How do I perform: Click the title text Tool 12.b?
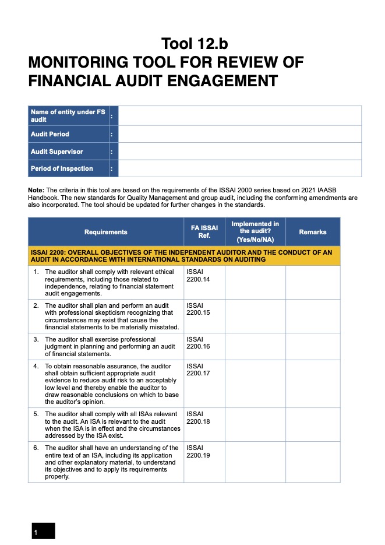tap(199, 44)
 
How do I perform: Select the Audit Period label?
tap(50, 134)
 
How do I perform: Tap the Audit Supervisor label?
tap(57, 152)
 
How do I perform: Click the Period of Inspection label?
tap(62, 168)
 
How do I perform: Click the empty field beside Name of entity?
tap(239, 115)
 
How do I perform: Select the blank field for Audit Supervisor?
tap(239, 152)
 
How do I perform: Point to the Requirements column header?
tap(105, 232)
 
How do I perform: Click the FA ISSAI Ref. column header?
tap(204, 232)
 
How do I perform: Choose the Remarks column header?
tap(312, 232)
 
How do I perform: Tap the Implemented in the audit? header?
tap(255, 232)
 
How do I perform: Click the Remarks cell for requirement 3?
tap(312, 346)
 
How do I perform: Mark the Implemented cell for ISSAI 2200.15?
tap(255, 316)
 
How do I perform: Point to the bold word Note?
tap(36, 190)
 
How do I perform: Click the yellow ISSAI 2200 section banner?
tap(183, 256)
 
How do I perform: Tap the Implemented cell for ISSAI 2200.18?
tap(255, 424)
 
